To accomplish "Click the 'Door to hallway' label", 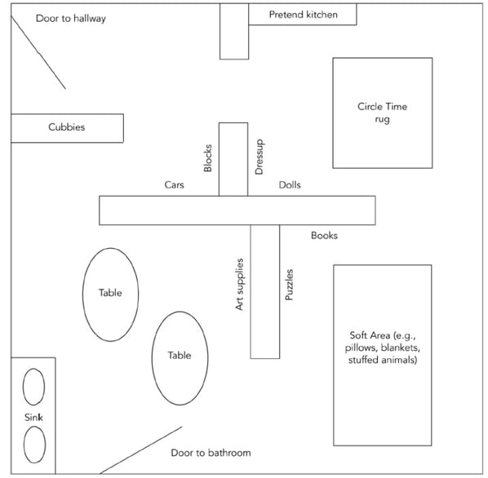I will [71, 18].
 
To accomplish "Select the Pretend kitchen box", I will [302, 15].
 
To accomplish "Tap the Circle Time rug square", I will [382, 113].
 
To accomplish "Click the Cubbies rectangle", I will [66, 128].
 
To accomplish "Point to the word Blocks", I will [208, 157].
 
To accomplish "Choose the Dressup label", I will [260, 157].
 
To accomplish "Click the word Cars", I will [174, 185].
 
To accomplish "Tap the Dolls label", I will [290, 185].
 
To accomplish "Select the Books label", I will [324, 236].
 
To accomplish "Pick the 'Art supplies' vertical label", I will [240, 284].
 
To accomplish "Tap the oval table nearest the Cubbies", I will [110, 294].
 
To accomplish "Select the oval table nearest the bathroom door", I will [180, 356].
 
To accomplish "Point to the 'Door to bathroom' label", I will [211, 453].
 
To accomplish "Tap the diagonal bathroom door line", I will [140, 449].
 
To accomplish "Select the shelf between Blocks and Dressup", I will [233, 159].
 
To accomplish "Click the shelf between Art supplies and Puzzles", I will [264, 291].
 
